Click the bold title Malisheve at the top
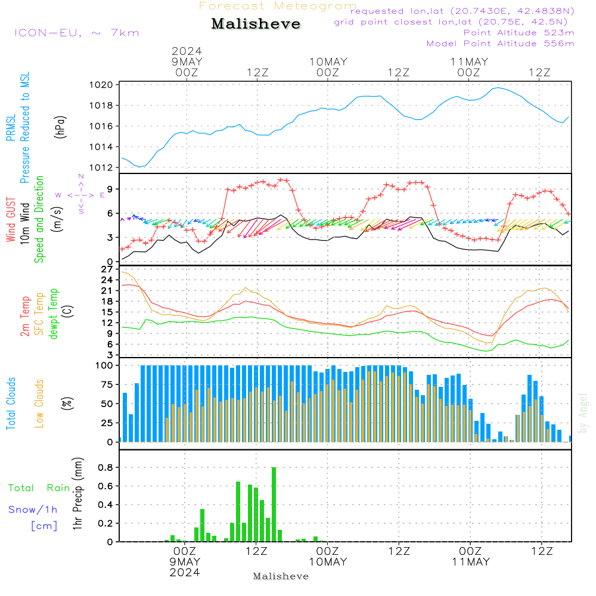tap(256, 24)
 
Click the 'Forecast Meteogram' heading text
tap(278, 6)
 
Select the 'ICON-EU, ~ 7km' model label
tap(76, 32)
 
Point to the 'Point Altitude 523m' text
tap(519, 32)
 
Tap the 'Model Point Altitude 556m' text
tap(501, 43)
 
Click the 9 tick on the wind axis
tap(110, 189)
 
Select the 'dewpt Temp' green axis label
tap(54, 314)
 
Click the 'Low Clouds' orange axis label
tap(40, 403)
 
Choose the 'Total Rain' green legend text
tap(39, 488)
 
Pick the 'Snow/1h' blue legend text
tap(33, 510)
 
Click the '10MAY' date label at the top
tap(328, 61)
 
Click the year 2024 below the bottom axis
tap(185, 572)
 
